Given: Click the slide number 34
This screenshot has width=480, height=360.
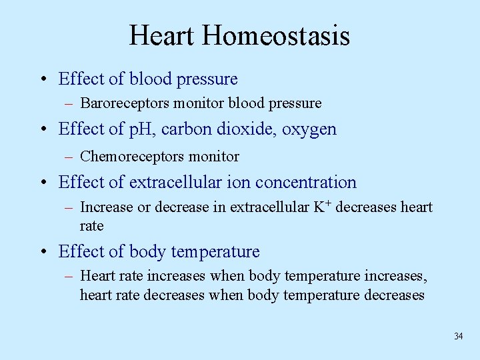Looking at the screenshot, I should coord(458,336).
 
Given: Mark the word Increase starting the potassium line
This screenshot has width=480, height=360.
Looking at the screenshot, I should coord(106,208).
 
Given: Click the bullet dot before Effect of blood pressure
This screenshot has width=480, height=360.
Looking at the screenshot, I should coord(43,80).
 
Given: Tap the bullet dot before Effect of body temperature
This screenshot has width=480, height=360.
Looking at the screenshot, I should coord(43,253).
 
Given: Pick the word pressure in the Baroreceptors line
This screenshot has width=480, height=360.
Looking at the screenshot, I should coord(295,104).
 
